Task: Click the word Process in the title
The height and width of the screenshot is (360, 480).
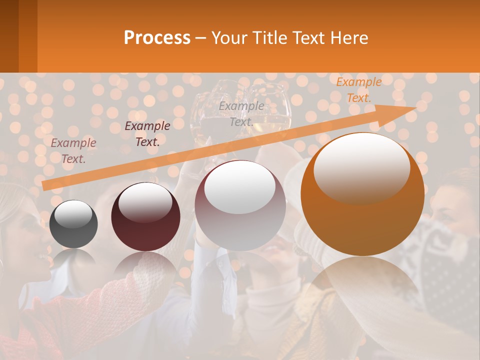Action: [157, 38]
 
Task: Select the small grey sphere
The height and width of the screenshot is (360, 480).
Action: [73, 224]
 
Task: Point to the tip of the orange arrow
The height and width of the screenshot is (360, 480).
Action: [415, 108]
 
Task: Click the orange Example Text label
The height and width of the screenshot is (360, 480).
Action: [359, 90]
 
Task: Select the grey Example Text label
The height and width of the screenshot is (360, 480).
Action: [241, 114]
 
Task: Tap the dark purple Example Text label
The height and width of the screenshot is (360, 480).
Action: [147, 134]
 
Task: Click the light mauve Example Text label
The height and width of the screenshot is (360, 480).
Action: [73, 151]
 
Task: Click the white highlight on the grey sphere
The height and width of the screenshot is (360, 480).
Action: [73, 214]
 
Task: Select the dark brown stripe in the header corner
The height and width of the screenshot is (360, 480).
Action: [9, 36]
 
